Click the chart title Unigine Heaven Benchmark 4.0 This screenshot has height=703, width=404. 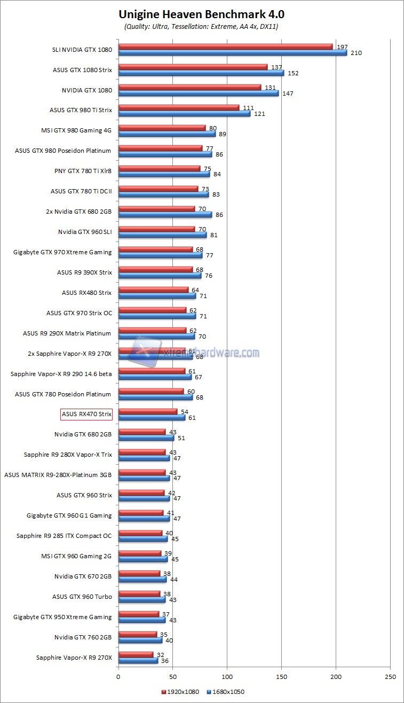201,14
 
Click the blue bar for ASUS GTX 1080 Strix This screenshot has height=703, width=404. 201,73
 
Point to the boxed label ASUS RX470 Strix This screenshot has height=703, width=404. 86,414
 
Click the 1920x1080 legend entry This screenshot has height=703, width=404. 180,692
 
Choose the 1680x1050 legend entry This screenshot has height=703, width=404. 226,692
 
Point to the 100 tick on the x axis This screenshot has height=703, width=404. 227,677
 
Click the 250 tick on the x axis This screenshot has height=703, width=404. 390,677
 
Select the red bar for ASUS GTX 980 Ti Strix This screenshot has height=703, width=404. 179,108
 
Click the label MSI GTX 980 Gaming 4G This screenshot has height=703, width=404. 76,130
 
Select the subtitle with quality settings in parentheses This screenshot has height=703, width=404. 201,26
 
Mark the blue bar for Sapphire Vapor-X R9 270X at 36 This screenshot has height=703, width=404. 138,661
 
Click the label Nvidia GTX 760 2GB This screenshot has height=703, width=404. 83,637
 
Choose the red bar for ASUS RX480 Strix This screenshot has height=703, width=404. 153,290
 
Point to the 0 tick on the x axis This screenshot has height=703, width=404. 118,677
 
